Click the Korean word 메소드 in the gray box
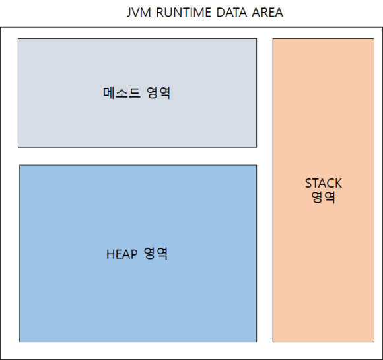[x=122, y=92]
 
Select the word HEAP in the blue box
[x=121, y=254]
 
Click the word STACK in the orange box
[x=324, y=183]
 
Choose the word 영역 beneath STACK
[x=324, y=197]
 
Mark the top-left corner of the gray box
[x=18, y=38]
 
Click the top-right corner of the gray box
[x=256, y=38]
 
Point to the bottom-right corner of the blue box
[x=256, y=342]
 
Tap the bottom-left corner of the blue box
[x=19, y=342]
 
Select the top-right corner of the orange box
[x=374, y=38]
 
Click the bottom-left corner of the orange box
[x=273, y=342]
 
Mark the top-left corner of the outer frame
[x=1, y=28]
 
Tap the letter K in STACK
[x=338, y=183]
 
